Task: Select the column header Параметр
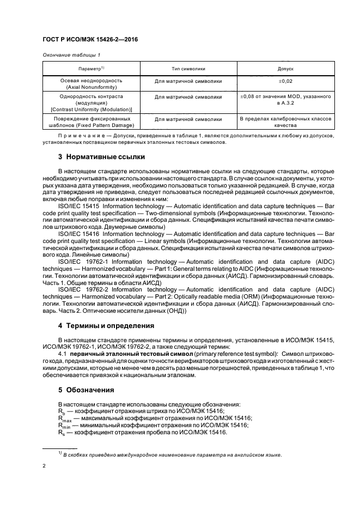tap(91, 69)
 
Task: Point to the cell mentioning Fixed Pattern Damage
tap(91, 122)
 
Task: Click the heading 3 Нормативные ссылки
tap(102, 157)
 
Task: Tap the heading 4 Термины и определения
tap(106, 326)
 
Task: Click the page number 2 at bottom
tap(44, 466)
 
